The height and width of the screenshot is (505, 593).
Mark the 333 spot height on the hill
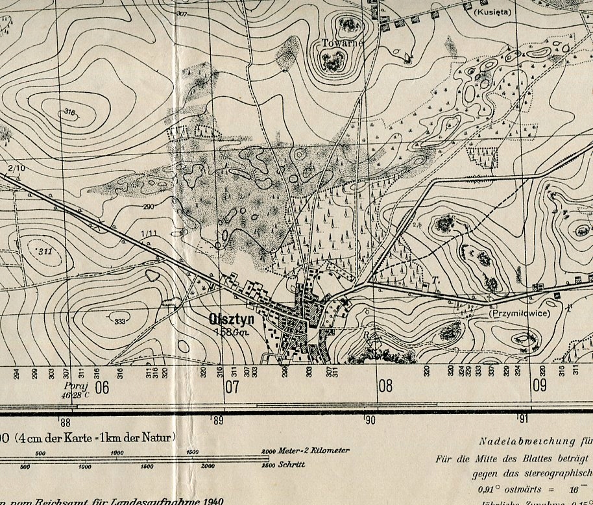119,322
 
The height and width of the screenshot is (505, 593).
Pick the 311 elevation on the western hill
45,251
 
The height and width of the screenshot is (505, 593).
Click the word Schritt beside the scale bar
292,465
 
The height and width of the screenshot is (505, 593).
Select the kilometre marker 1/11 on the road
149,234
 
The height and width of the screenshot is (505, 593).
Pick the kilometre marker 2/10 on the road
17,169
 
